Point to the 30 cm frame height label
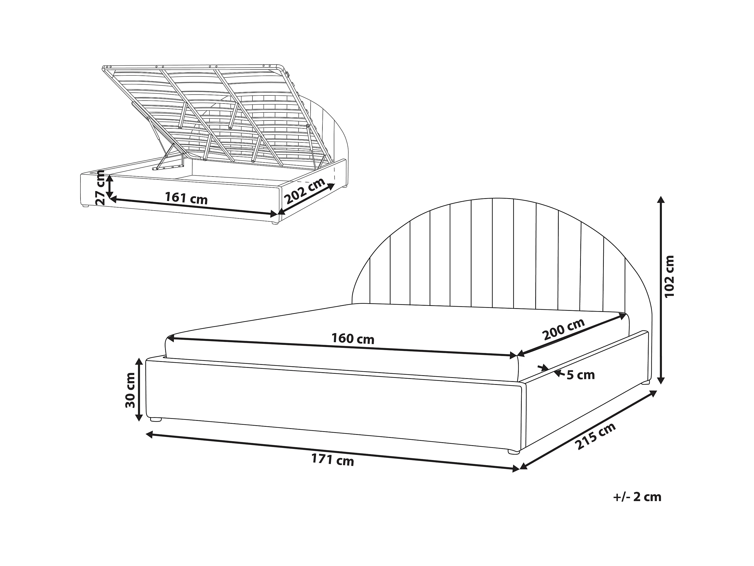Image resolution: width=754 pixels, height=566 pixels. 130,390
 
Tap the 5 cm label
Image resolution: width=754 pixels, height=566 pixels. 581,375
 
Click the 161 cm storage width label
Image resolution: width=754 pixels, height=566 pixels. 186,198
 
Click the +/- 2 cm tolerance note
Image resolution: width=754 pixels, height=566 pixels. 637,507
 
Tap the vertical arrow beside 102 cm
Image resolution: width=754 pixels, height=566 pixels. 661,290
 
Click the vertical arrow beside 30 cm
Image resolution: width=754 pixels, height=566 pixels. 139,389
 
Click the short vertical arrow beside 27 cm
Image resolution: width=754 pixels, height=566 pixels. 109,186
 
